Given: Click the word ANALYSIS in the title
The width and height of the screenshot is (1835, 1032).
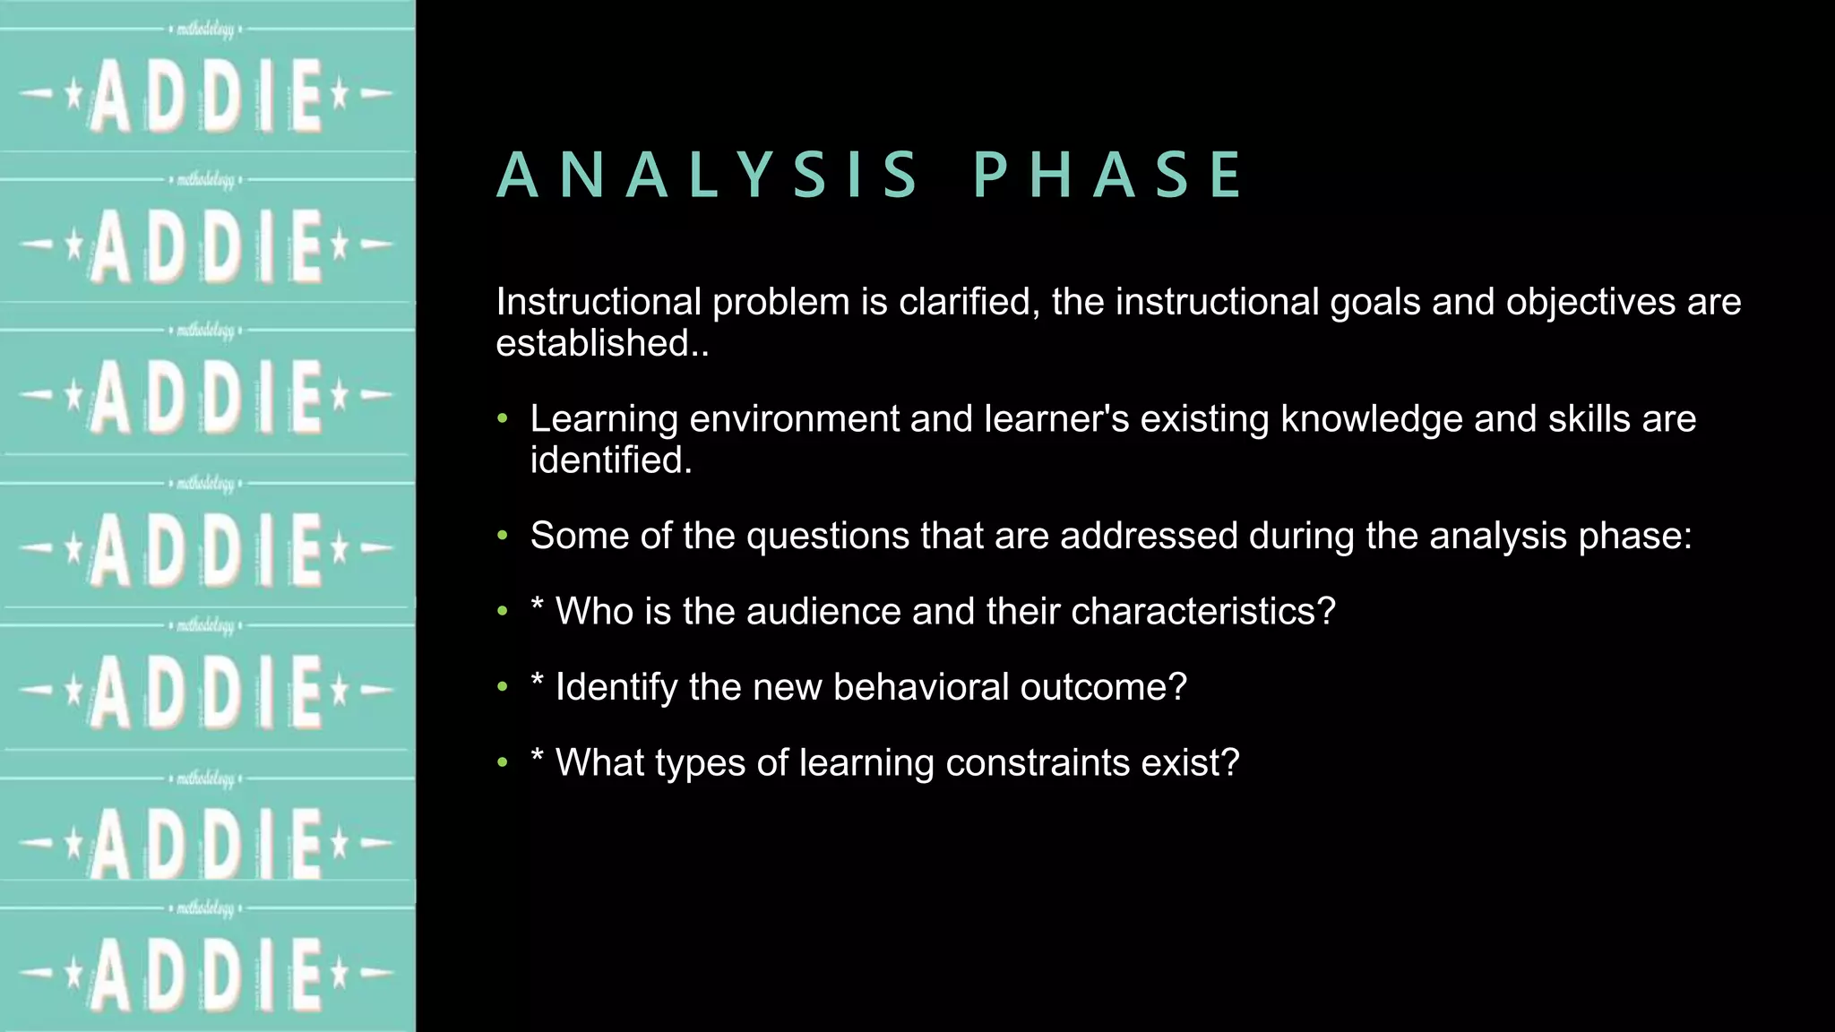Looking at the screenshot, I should [x=707, y=175].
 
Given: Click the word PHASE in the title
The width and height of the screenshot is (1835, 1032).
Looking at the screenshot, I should [x=1108, y=175].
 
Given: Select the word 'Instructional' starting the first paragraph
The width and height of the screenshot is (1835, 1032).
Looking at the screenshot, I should [x=598, y=302].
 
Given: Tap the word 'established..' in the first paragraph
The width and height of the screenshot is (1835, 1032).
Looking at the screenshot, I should [x=602, y=343].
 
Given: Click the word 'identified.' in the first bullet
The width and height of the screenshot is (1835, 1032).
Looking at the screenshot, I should [x=611, y=460].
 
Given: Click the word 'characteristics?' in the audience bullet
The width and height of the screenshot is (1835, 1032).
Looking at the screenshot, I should [x=1203, y=611].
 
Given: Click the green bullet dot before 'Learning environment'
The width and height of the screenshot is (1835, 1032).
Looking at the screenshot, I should [x=503, y=419].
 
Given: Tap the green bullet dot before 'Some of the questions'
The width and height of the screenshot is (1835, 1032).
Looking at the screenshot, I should [x=503, y=536].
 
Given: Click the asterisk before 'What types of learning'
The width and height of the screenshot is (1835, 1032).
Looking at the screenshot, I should [x=538, y=757].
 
